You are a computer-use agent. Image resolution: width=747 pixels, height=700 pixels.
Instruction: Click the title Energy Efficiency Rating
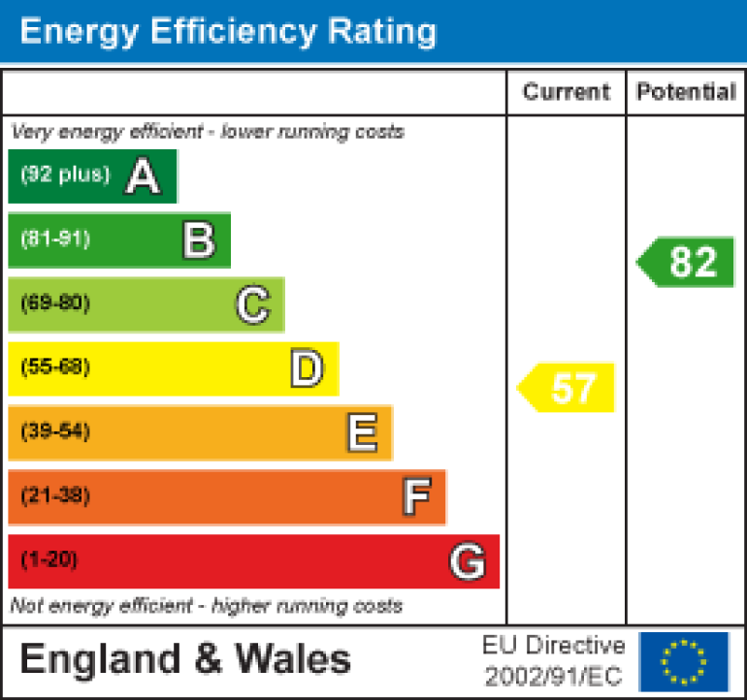click(x=228, y=31)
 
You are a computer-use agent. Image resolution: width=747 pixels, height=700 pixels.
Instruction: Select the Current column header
click(x=566, y=92)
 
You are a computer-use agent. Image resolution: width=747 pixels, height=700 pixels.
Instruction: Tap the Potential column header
click(x=686, y=92)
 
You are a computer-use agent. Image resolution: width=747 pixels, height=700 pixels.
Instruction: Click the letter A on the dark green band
click(x=143, y=176)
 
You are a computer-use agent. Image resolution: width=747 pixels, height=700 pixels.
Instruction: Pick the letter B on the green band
click(x=198, y=240)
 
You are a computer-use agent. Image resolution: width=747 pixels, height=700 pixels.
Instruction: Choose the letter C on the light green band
click(x=252, y=305)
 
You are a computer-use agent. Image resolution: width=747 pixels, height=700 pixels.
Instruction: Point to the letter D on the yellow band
click(x=307, y=369)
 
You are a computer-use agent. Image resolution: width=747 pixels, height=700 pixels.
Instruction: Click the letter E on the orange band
click(x=362, y=433)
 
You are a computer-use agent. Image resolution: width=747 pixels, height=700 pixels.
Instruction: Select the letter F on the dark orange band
click(x=416, y=497)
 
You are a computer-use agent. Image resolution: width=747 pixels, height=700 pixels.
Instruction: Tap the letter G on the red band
click(x=468, y=561)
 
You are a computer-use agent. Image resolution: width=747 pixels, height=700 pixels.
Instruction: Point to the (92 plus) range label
click(x=65, y=175)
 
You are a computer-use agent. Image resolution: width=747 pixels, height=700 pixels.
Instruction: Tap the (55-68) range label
click(x=55, y=367)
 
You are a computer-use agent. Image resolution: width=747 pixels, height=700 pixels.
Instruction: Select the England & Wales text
click(x=185, y=660)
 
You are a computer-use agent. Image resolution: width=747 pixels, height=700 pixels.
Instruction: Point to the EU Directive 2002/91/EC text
click(x=554, y=661)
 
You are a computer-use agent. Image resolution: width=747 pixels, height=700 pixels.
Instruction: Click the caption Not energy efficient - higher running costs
click(x=206, y=606)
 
